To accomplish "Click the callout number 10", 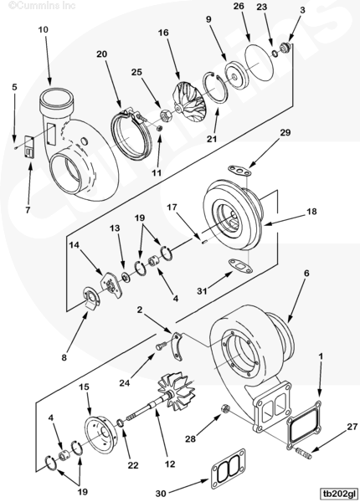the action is point(43,29).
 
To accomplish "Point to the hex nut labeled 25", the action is point(166,115).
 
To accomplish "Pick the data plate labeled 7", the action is point(30,147).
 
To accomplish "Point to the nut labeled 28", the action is point(225,409).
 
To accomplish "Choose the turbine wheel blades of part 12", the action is point(178,389).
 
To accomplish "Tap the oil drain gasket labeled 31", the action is point(240,266).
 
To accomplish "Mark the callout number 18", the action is point(311,212).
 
